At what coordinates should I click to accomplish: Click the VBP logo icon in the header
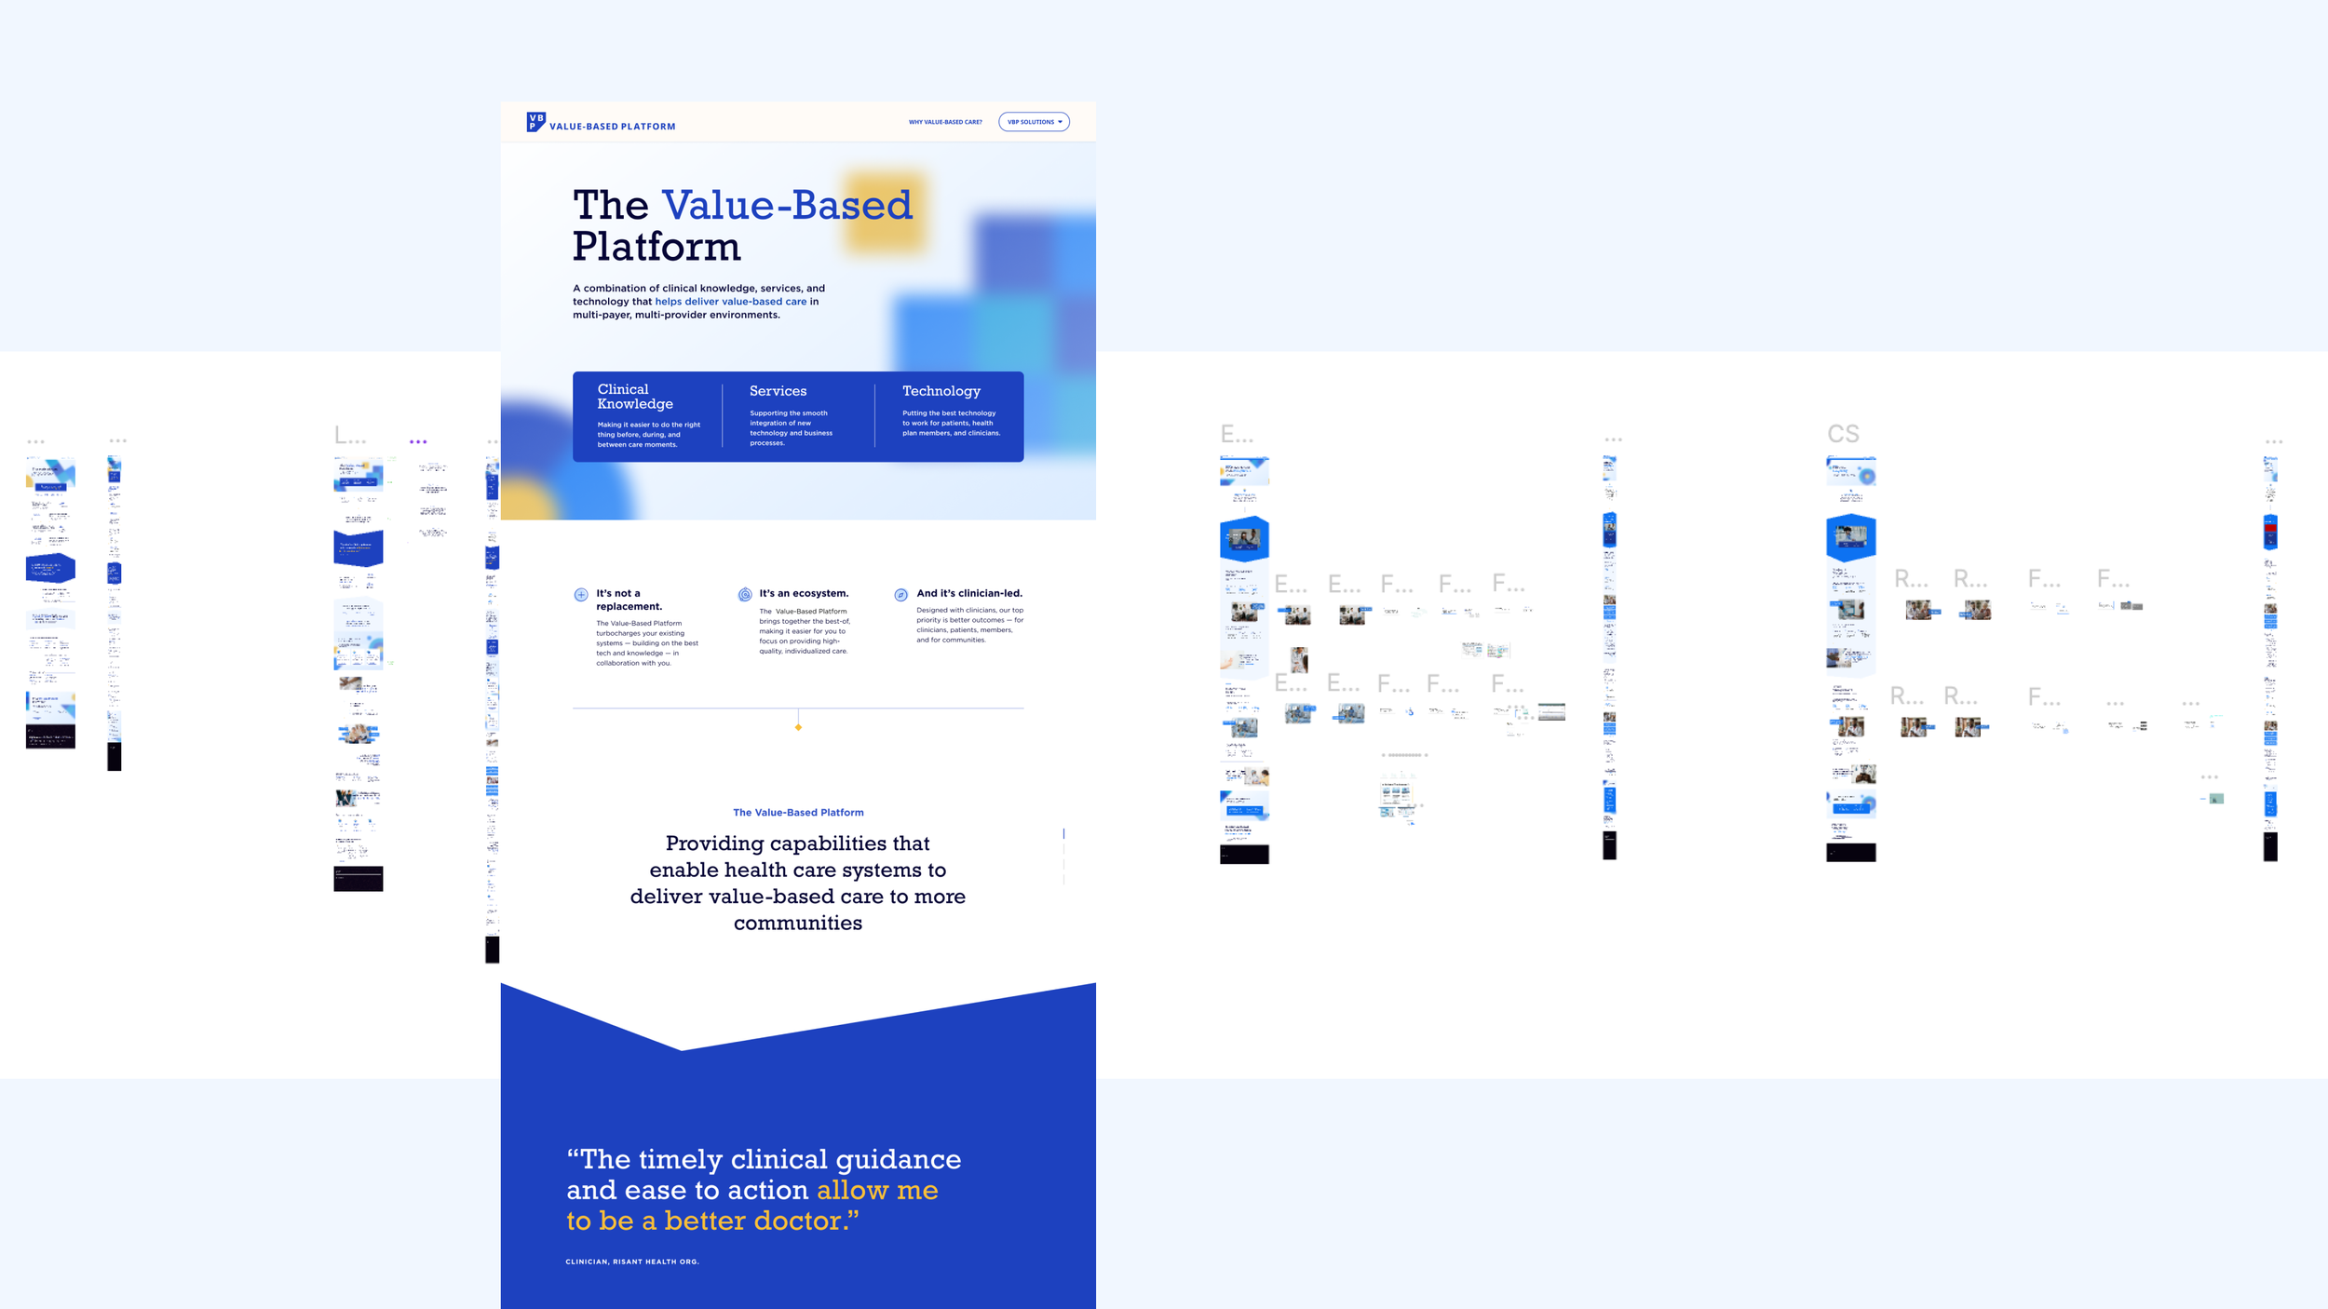tap(535, 122)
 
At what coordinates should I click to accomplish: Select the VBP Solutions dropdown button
tap(1034, 122)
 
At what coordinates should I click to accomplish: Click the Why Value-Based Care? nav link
tap(945, 122)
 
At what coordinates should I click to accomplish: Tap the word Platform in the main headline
tap(656, 247)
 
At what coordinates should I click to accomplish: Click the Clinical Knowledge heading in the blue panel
tap(635, 397)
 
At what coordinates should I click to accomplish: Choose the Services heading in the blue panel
tap(778, 391)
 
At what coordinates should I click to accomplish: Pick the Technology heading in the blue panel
tap(941, 391)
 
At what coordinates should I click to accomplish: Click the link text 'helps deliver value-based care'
tap(730, 302)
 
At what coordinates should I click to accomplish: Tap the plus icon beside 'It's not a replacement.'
tap(581, 594)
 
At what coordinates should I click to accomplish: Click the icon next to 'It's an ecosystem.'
tap(745, 594)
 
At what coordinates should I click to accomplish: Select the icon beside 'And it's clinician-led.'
tap(900, 595)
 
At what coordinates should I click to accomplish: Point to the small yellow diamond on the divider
tap(798, 727)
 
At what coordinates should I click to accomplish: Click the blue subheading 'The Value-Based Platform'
tap(798, 813)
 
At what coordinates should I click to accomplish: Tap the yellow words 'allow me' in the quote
tap(877, 1190)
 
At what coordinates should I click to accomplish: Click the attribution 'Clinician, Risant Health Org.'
tap(632, 1262)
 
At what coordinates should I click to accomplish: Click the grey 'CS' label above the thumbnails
tap(1843, 434)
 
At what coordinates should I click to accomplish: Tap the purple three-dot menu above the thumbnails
tap(418, 442)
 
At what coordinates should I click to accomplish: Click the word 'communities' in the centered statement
tap(798, 923)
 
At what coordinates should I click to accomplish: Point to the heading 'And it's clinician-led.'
tap(968, 593)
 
